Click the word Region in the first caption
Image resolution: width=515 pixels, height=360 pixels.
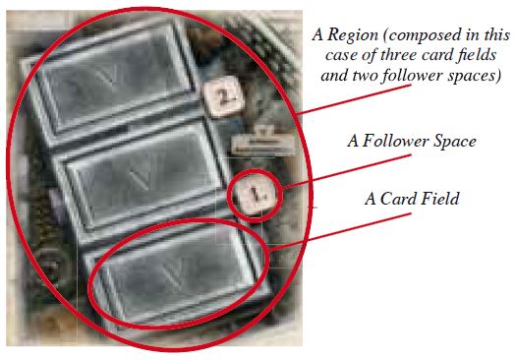point(354,34)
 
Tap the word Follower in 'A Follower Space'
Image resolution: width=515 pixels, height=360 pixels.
point(395,142)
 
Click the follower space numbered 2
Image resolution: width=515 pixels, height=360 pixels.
point(224,95)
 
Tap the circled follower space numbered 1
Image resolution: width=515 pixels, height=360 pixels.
point(255,195)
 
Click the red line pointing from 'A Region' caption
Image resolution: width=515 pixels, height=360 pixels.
point(356,99)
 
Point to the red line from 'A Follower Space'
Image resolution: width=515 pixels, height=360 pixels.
point(347,171)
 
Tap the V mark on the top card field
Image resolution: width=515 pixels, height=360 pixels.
point(109,78)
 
